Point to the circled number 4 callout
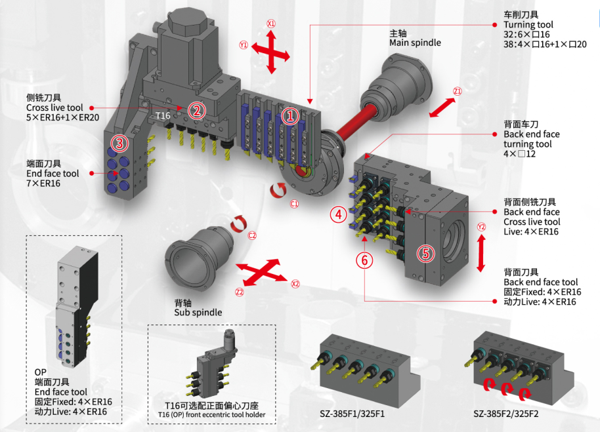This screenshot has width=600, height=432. coord(339,214)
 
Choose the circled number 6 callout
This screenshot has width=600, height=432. coord(366,260)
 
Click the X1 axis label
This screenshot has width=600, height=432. coord(271,23)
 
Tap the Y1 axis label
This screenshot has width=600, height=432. coord(244,45)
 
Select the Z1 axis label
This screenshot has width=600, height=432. coord(458,91)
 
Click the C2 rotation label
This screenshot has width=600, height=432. coord(251,235)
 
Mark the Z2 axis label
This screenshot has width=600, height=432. coord(240,292)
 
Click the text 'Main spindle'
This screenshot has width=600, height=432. coord(415,43)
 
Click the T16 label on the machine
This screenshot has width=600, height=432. coord(163,115)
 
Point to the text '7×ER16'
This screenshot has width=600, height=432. coord(43,184)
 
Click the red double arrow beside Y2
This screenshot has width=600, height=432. coord(481,252)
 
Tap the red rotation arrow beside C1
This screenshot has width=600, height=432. coord(278,191)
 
